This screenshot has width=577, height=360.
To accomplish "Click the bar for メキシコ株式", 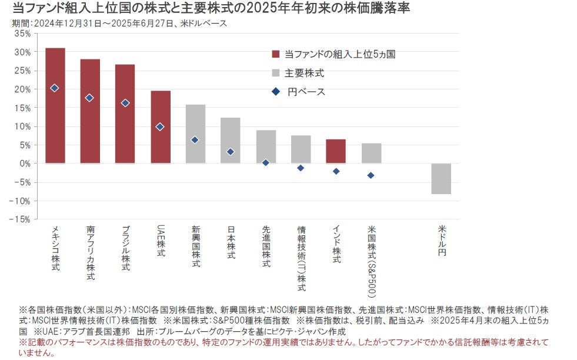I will [55, 106].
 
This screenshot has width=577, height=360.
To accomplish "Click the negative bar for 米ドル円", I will [441, 178].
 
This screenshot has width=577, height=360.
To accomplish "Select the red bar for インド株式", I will [336, 151].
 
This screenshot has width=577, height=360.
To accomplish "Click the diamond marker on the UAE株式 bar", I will [160, 126].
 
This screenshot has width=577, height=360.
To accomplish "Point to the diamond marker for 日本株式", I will [230, 152].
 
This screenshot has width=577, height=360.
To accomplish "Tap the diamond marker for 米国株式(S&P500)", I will [371, 175].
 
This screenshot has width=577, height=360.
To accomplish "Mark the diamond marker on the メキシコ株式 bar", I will [55, 88].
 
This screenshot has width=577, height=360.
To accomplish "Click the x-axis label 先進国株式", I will [266, 247].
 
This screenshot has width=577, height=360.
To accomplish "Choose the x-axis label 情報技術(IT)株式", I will [301, 258].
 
